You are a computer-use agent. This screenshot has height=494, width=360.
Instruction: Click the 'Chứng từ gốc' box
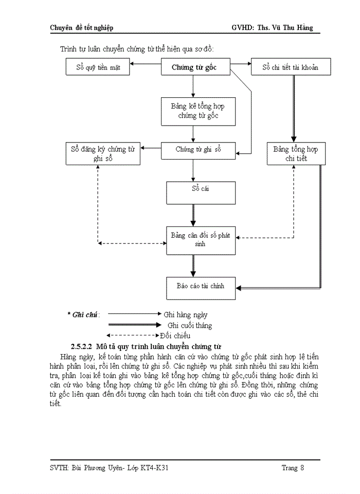point(193,67)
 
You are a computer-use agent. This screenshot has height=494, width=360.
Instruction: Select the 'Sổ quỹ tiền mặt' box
point(98,67)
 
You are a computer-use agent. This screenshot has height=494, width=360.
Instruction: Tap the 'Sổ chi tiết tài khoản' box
point(291,67)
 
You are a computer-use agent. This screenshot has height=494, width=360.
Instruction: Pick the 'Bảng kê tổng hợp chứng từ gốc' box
point(198,111)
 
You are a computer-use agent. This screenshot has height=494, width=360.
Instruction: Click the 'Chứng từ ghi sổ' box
point(198,150)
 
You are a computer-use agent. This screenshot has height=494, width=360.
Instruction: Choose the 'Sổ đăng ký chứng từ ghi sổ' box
point(103,154)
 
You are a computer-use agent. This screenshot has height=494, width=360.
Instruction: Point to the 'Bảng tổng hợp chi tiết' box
point(296,154)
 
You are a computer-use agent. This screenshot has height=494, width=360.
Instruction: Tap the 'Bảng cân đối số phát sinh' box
point(201,239)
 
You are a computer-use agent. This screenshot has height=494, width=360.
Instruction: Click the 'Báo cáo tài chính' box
point(201,287)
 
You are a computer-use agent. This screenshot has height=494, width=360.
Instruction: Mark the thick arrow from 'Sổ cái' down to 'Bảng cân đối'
point(193,215)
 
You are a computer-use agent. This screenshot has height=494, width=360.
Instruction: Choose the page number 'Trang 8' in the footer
point(293,468)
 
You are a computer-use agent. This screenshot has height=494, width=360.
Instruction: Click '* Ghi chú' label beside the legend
point(83,314)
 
